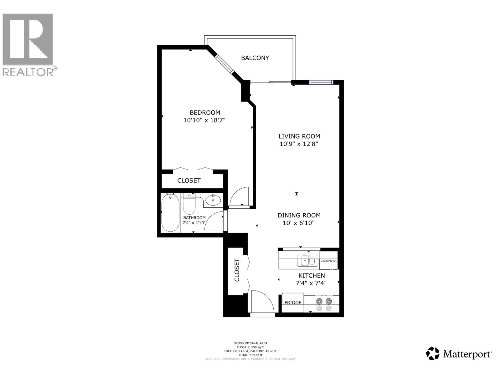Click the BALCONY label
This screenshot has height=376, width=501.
point(255,58)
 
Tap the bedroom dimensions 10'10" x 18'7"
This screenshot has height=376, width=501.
point(204,120)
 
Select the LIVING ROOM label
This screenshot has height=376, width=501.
point(299,136)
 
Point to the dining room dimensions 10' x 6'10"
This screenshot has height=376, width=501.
point(299,223)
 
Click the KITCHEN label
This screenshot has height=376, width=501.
point(312,276)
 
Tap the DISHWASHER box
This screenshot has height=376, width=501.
point(328,261)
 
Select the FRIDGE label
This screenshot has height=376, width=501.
point(293,303)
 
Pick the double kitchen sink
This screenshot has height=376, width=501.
point(307,261)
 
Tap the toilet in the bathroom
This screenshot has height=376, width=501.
point(189,205)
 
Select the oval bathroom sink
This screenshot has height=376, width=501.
point(213,200)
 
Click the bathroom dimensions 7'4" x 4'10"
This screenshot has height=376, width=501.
point(194,223)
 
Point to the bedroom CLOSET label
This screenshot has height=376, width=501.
point(189,180)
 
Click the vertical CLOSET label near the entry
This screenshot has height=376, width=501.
point(237,270)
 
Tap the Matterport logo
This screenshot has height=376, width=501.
point(459,354)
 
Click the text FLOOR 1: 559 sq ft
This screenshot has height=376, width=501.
point(250,347)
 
